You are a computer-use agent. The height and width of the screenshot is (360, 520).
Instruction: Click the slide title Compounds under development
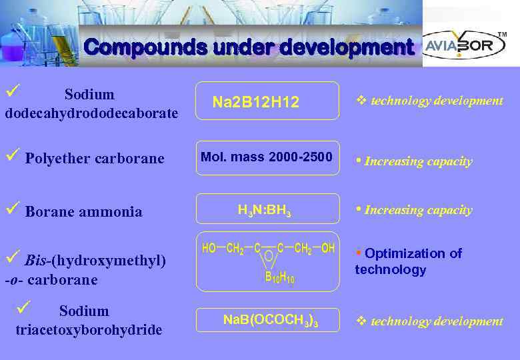pyautogui.click(x=249, y=48)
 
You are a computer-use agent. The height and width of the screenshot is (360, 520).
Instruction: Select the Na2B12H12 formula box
pyautogui.click(x=267, y=101)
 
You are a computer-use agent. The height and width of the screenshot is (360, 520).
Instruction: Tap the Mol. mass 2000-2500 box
pyautogui.click(x=267, y=158)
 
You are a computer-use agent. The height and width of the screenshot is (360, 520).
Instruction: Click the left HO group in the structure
pyautogui.click(x=209, y=249)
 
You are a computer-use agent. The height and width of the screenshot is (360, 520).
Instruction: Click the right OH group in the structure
pyautogui.click(x=328, y=249)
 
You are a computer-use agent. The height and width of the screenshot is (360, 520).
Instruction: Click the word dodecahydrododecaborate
pyautogui.click(x=91, y=113)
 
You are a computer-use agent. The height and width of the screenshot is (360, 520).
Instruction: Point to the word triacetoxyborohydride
pyautogui.click(x=88, y=330)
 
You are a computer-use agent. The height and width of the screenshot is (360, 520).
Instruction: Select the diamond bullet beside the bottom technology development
pyautogui.click(x=361, y=321)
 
